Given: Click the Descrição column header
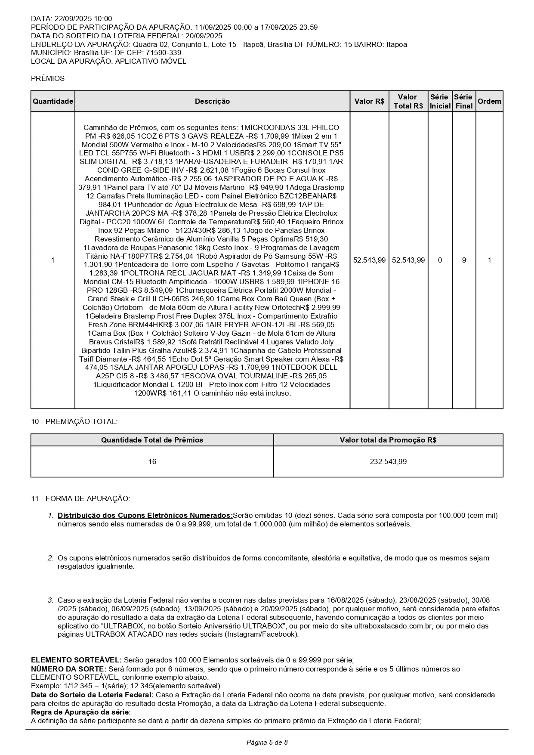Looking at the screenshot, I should pos(212,102).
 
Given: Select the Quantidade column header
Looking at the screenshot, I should pos(53,102).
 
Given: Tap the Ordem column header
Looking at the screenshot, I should pos(489,102).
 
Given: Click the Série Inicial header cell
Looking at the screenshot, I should pos(440,102).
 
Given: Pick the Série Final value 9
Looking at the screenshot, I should pos(464,260).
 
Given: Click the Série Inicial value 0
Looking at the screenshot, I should pos(440,260).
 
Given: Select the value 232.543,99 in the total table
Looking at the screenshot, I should pos(388,462).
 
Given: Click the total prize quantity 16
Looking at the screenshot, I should pos(152,462).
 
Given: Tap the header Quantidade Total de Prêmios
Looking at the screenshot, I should pos(152,440).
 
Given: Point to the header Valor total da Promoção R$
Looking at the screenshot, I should pos(388,440).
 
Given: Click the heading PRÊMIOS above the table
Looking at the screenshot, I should pos(48,79).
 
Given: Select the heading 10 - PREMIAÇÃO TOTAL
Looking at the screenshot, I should pos(74,422).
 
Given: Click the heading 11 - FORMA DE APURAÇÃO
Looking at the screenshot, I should pos(80,499).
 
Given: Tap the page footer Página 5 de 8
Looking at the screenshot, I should pos(267,743).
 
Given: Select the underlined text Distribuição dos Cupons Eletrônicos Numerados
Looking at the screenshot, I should pos(145,516).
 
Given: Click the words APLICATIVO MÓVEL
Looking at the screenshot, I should pos(151,62).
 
